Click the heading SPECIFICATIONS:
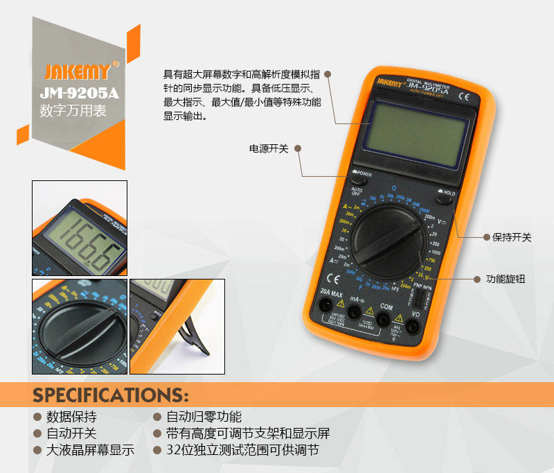[x=111, y=395]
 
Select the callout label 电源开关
[x=268, y=148]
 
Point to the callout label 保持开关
[x=512, y=237]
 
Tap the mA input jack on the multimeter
[x=356, y=313]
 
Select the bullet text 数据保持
[x=71, y=417]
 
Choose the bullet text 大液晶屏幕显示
[x=90, y=450]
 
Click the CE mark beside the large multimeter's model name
[x=463, y=98]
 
